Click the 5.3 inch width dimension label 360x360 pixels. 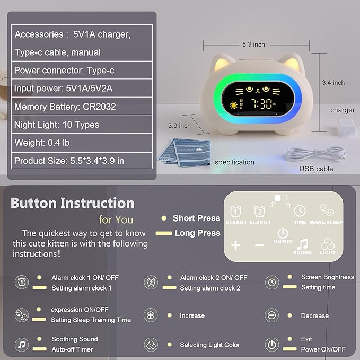253,45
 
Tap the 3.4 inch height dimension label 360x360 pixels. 333,83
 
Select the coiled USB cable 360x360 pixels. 315,154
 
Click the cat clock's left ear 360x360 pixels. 217,66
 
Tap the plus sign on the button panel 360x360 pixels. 236,245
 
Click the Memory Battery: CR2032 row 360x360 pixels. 65,107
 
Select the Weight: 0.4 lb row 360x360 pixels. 42,143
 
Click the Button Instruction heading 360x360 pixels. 72,203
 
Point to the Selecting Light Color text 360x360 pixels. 210,345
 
